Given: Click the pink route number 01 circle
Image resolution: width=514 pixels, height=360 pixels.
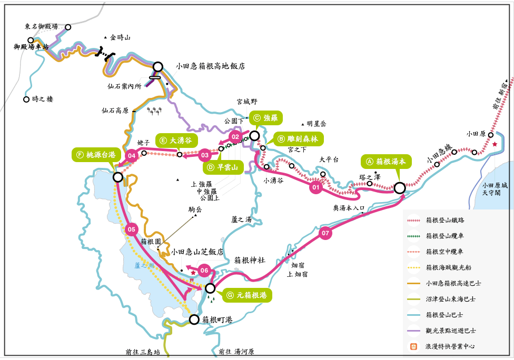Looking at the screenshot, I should tap(316, 187).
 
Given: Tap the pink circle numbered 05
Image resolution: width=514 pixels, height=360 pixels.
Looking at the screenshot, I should tap(132, 229).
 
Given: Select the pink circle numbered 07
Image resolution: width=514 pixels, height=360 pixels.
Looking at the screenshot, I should tap(325, 233).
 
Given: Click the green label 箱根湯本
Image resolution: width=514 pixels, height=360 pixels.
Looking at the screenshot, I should tap(387, 162).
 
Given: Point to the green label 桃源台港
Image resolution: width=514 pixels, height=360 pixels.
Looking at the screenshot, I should tap(96, 155).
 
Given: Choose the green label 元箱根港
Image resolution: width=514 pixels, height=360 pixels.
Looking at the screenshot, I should tap(248, 295).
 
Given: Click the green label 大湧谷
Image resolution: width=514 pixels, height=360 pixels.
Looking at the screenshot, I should tap(176, 140).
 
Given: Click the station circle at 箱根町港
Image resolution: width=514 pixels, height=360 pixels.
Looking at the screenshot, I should tap(194, 319).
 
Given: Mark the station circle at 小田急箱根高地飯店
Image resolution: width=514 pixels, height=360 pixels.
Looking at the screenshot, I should tap(158, 67).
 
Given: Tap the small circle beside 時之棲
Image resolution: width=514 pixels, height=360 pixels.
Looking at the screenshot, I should tap(26, 99).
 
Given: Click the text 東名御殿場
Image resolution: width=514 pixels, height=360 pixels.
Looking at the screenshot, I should tap(41, 26).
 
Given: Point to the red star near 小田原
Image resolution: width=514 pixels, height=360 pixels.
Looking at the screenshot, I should tap(495, 144).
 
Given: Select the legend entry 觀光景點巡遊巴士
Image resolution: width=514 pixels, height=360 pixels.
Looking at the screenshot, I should tap(451, 331).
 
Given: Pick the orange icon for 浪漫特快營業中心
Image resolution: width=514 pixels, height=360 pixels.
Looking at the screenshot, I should tap(414, 346).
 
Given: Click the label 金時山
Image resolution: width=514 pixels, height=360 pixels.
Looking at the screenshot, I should tap(120, 37).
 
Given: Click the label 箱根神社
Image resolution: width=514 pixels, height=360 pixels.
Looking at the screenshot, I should tap(249, 260).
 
